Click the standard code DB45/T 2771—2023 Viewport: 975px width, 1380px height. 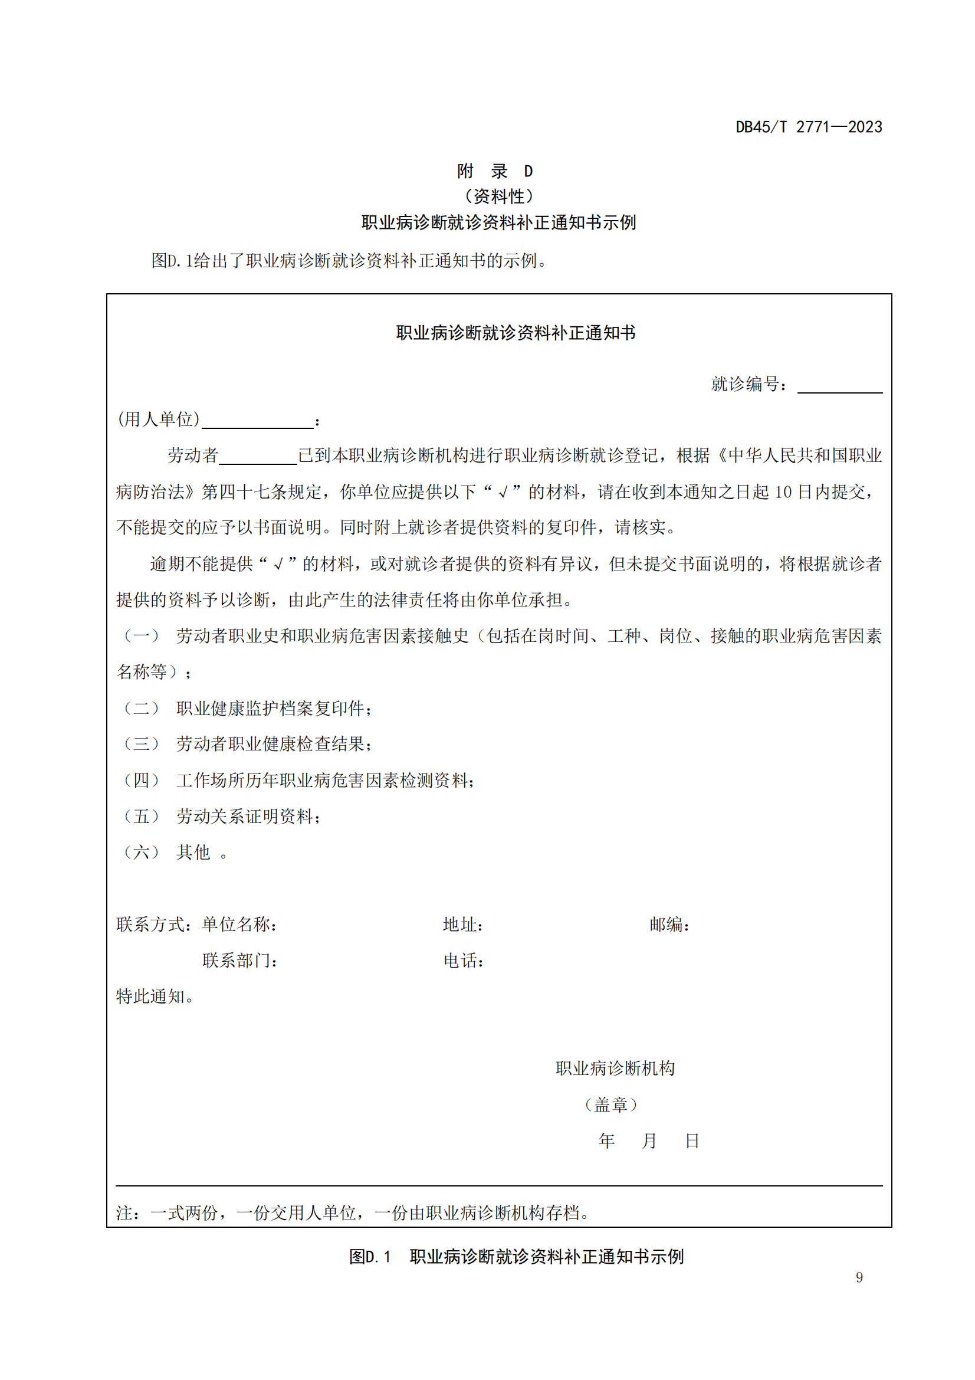tap(809, 127)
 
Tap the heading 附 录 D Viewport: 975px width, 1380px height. tap(494, 171)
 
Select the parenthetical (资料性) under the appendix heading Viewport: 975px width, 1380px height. tap(498, 196)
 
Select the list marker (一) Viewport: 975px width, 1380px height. tap(140, 636)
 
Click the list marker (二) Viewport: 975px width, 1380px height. tap(140, 708)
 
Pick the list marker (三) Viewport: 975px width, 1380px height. tap(140, 744)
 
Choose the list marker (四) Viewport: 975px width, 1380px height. tap(140, 780)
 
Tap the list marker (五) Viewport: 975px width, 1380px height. tap(140, 816)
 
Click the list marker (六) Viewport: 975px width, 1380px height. tap(140, 853)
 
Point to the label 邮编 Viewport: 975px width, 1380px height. tap(669, 925)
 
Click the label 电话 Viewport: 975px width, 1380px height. tap(463, 961)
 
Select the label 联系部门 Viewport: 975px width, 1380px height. tap(239, 961)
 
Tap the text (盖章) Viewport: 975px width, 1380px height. tap(610, 1104)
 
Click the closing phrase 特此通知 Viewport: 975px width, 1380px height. tap(154, 997)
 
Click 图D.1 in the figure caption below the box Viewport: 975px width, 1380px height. tap(369, 1257)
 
